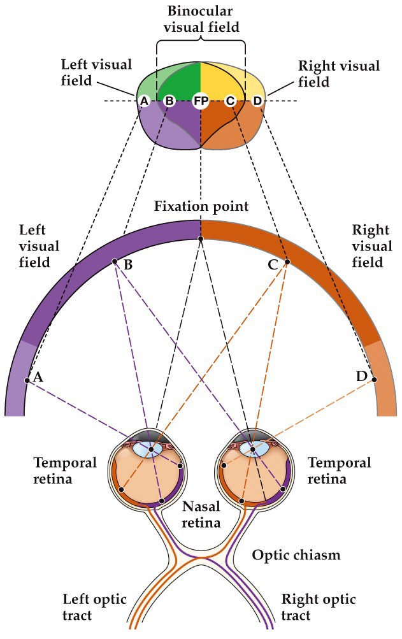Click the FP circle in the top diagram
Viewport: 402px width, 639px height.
click(201, 101)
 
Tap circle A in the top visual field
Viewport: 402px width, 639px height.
click(144, 101)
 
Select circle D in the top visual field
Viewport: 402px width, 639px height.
click(257, 101)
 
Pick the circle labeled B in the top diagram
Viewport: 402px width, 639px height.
click(169, 101)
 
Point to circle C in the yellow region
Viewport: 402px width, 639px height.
click(231, 101)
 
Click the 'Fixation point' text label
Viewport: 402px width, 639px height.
click(201, 207)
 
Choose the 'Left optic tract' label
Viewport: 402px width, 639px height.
click(94, 608)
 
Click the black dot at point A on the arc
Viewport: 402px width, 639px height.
click(27, 380)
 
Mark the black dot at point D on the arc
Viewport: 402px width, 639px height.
click(374, 380)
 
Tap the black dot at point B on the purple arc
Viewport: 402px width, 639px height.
click(115, 261)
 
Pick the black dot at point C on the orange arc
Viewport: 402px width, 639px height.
click(287, 261)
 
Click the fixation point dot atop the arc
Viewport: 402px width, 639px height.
click(201, 239)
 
